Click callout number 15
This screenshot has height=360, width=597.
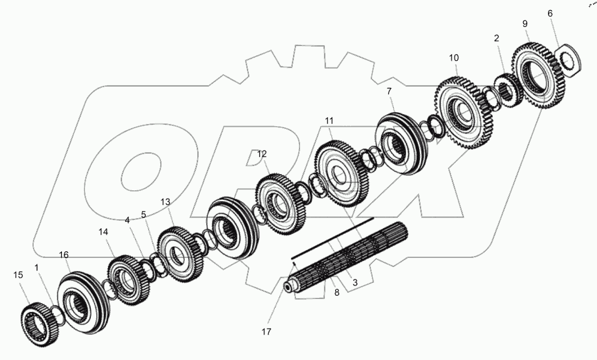[x=18, y=275]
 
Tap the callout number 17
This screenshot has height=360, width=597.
[x=266, y=332]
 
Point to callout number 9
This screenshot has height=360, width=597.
[x=525, y=24]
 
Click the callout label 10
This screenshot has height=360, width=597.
[x=454, y=57]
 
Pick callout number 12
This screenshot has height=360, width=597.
[x=262, y=154]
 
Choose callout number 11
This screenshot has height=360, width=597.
[x=329, y=121]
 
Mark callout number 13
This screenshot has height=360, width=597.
[x=165, y=202]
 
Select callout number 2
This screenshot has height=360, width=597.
[x=496, y=38]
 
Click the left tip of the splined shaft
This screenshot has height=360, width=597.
[x=288, y=288]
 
